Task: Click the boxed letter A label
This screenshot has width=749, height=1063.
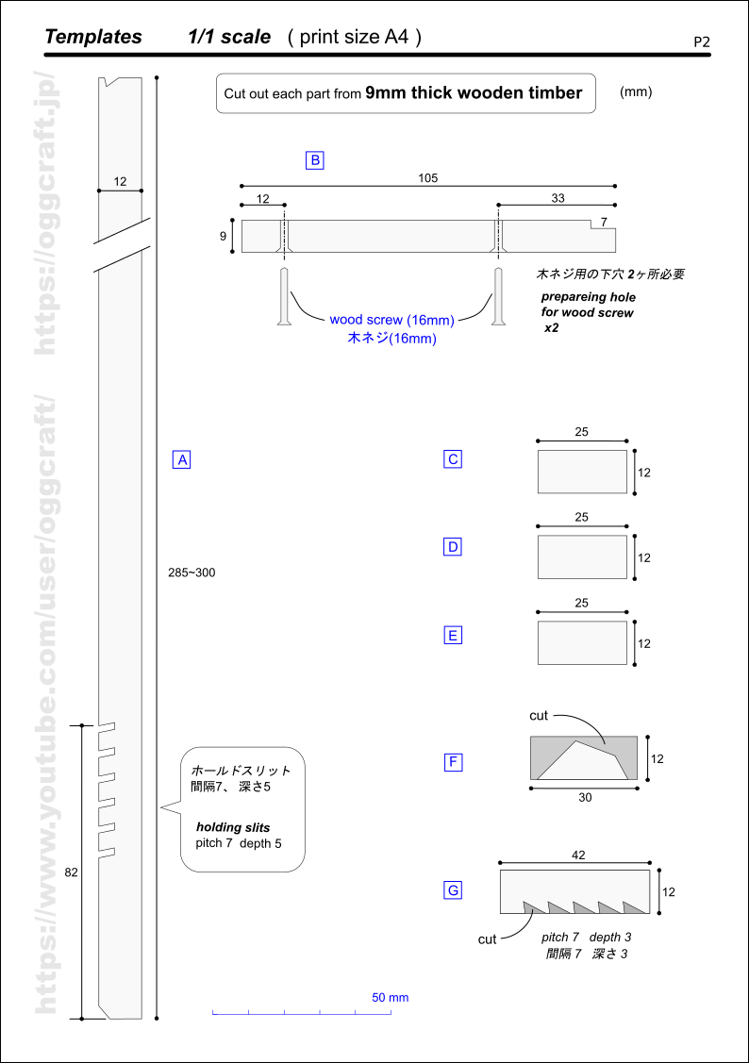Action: (x=182, y=459)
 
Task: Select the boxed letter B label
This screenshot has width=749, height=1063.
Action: (x=315, y=160)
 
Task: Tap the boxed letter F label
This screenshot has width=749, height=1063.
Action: (x=453, y=761)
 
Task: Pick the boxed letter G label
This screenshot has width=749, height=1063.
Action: (x=453, y=889)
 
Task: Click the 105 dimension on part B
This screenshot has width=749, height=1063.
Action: (x=427, y=177)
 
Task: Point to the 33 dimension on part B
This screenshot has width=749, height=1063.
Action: (x=558, y=198)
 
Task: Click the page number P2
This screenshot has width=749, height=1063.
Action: (x=701, y=42)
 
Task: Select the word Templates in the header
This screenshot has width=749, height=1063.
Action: (x=93, y=37)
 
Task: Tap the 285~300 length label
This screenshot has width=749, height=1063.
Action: (x=191, y=573)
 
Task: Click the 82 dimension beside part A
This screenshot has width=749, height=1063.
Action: (x=71, y=872)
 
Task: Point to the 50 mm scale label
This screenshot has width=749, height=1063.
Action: (x=390, y=997)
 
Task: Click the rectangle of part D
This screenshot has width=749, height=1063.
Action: (x=582, y=556)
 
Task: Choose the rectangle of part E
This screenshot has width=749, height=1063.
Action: (x=582, y=642)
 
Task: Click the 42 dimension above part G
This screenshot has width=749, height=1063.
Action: (x=578, y=855)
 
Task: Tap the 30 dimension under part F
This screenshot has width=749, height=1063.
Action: (x=585, y=797)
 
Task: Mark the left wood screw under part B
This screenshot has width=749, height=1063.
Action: (x=282, y=297)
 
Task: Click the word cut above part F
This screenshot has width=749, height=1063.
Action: (x=539, y=716)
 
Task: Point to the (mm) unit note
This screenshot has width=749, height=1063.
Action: (x=636, y=92)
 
